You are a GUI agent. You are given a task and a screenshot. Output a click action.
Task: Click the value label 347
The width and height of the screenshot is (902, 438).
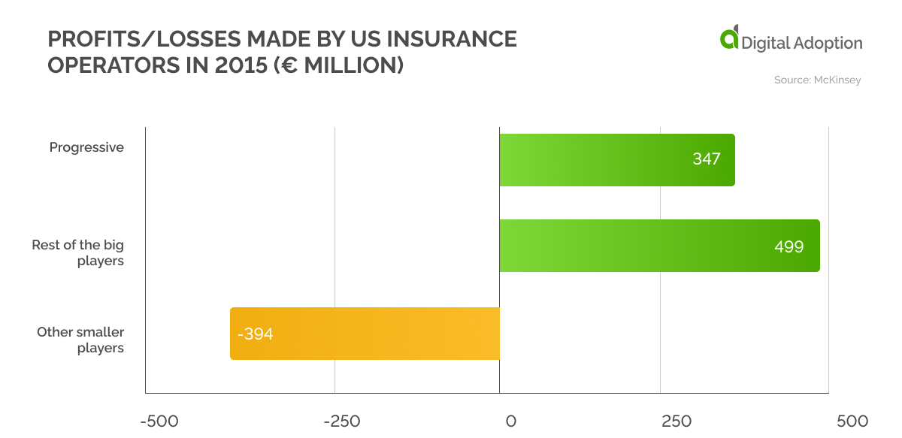point(707,159)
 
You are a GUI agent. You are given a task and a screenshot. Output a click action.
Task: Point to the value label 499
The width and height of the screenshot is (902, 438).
point(788,246)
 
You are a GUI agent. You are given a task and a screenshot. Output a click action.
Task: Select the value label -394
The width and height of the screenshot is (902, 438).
point(255,334)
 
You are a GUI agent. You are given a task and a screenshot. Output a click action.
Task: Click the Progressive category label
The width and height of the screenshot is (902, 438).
point(86,147)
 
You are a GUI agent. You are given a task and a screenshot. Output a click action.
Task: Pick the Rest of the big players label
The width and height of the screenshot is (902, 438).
point(78,253)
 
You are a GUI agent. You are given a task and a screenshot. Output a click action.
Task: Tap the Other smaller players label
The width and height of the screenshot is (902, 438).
point(80,340)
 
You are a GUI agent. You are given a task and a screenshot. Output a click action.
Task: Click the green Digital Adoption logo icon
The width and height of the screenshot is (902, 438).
point(729,38)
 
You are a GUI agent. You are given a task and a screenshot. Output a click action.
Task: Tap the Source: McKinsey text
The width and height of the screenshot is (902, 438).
point(817,80)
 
